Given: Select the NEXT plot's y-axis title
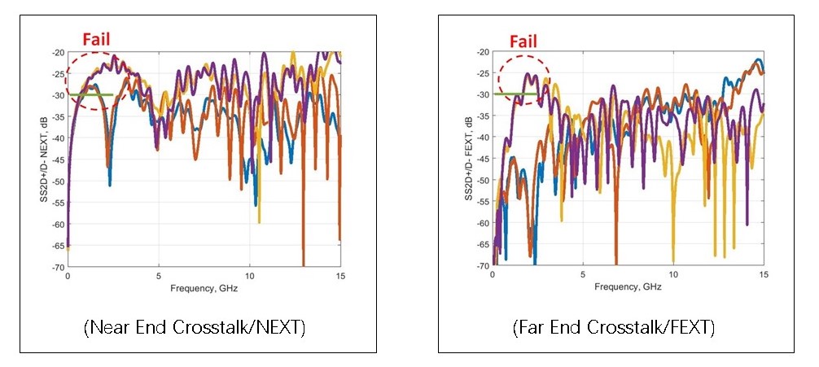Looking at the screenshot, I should point(45,159).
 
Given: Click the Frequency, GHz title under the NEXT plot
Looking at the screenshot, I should point(204,289).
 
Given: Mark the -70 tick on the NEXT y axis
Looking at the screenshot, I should point(59,266).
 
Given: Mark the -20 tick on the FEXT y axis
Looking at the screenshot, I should point(483,52).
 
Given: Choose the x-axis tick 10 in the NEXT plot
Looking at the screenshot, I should point(250,277).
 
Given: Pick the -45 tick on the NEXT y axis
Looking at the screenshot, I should point(59,159).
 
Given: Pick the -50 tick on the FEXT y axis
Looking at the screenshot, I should point(483,181).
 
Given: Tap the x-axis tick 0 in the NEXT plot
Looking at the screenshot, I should point(68,277).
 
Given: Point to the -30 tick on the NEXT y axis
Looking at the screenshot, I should point(59,95).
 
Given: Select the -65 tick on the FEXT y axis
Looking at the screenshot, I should point(483,245).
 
